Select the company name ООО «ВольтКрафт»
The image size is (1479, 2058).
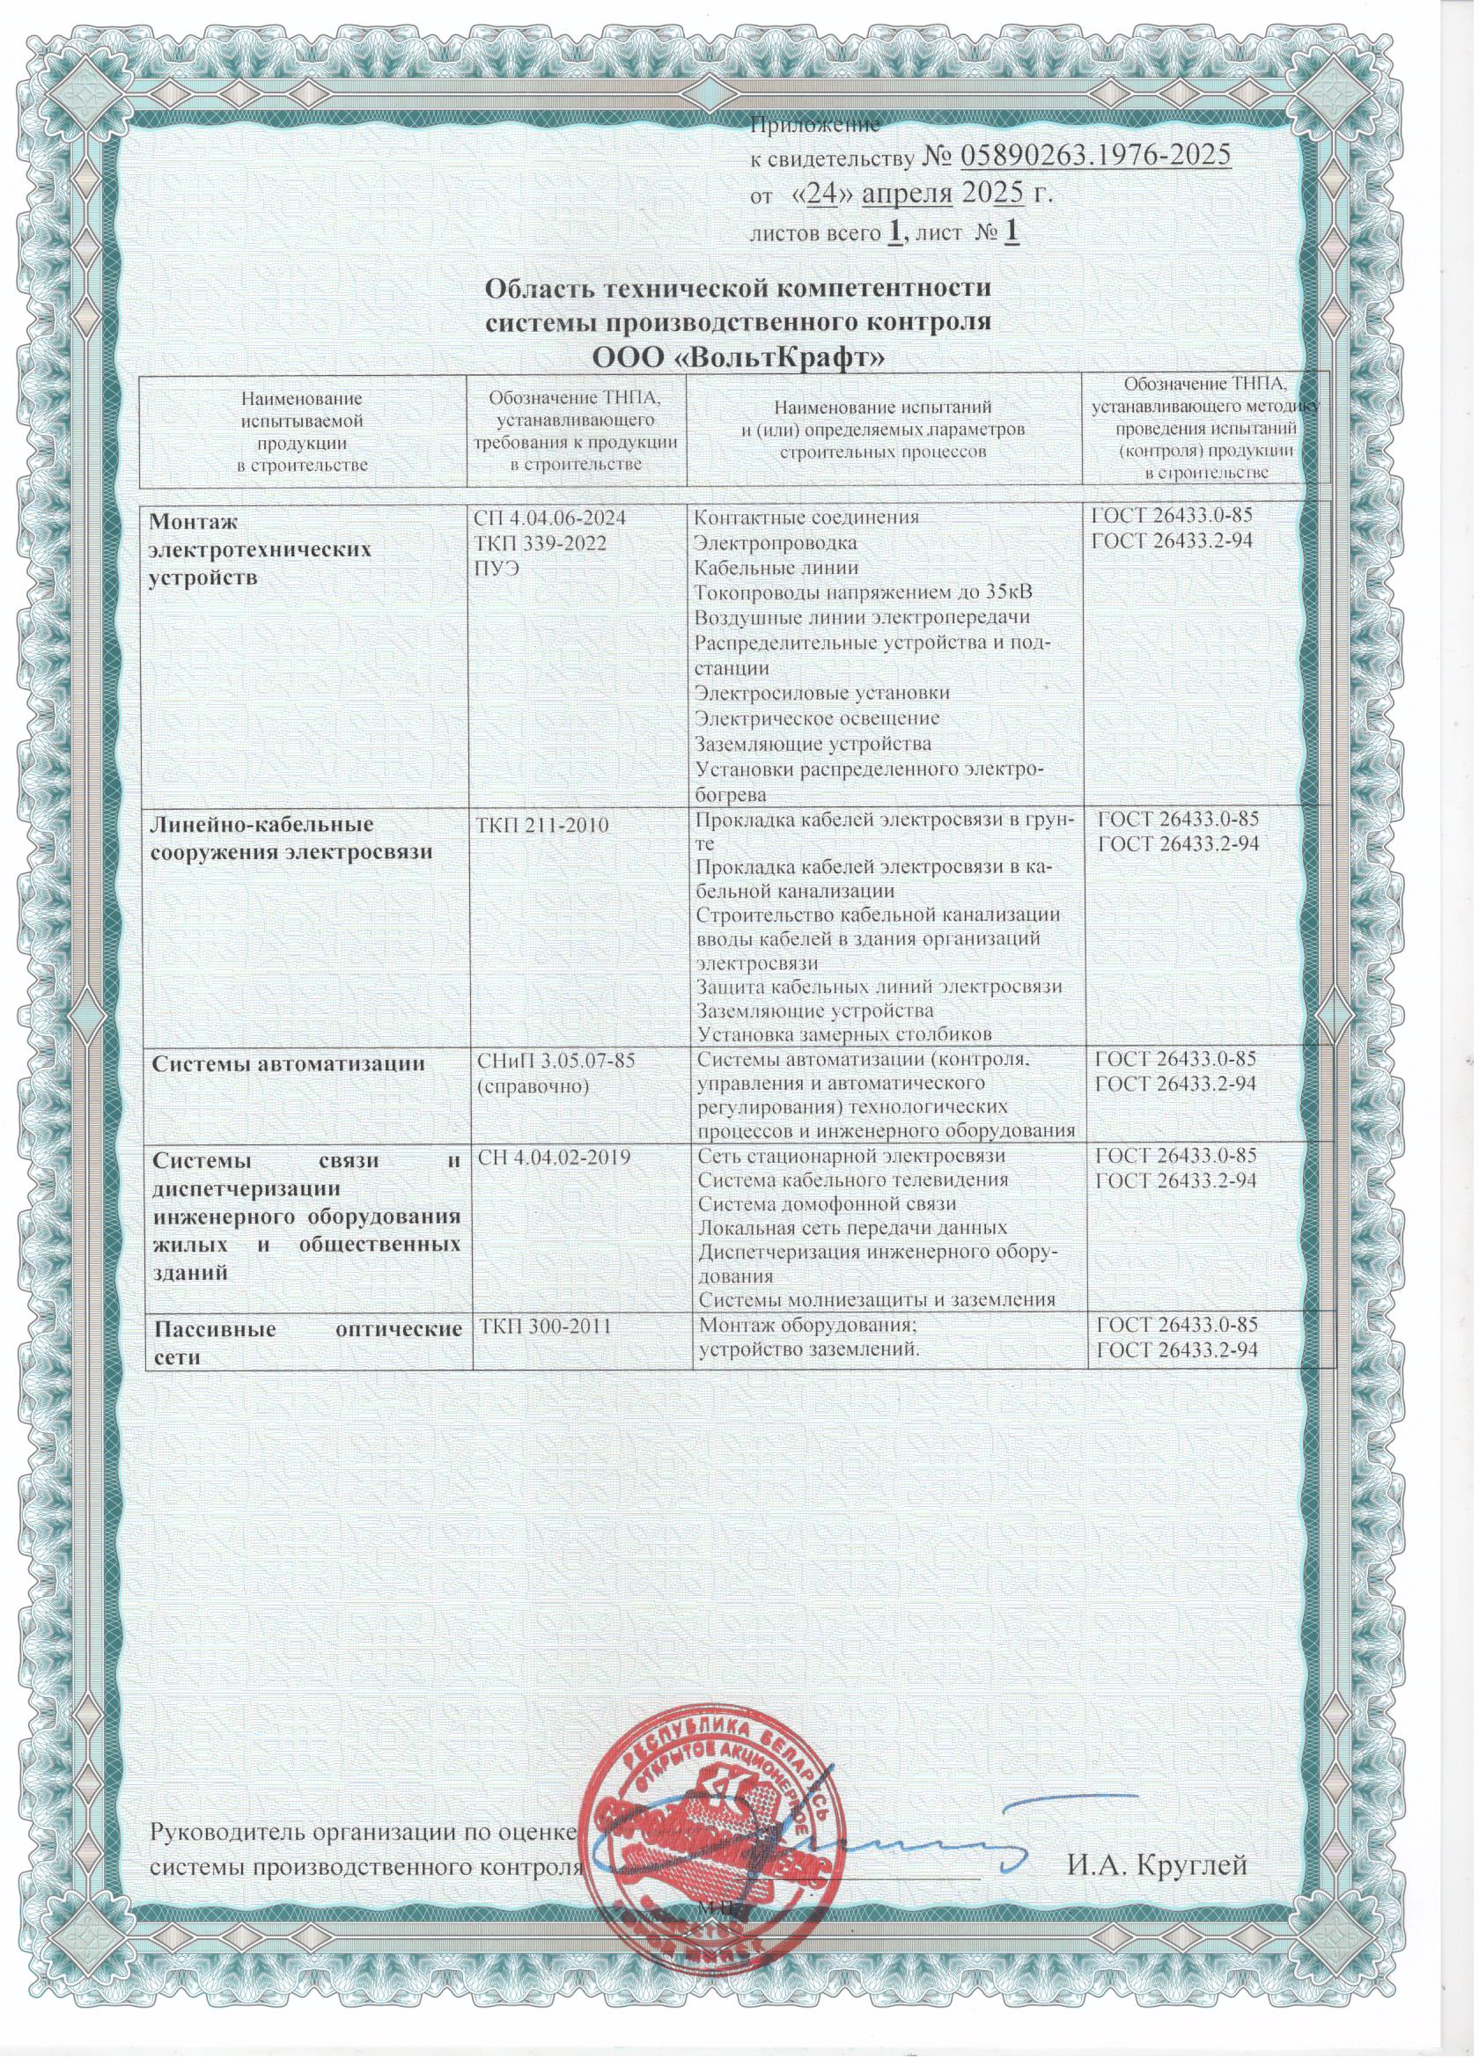click(737, 356)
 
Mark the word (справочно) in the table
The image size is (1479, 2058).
click(529, 1084)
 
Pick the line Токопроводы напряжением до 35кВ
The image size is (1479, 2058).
click(863, 592)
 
